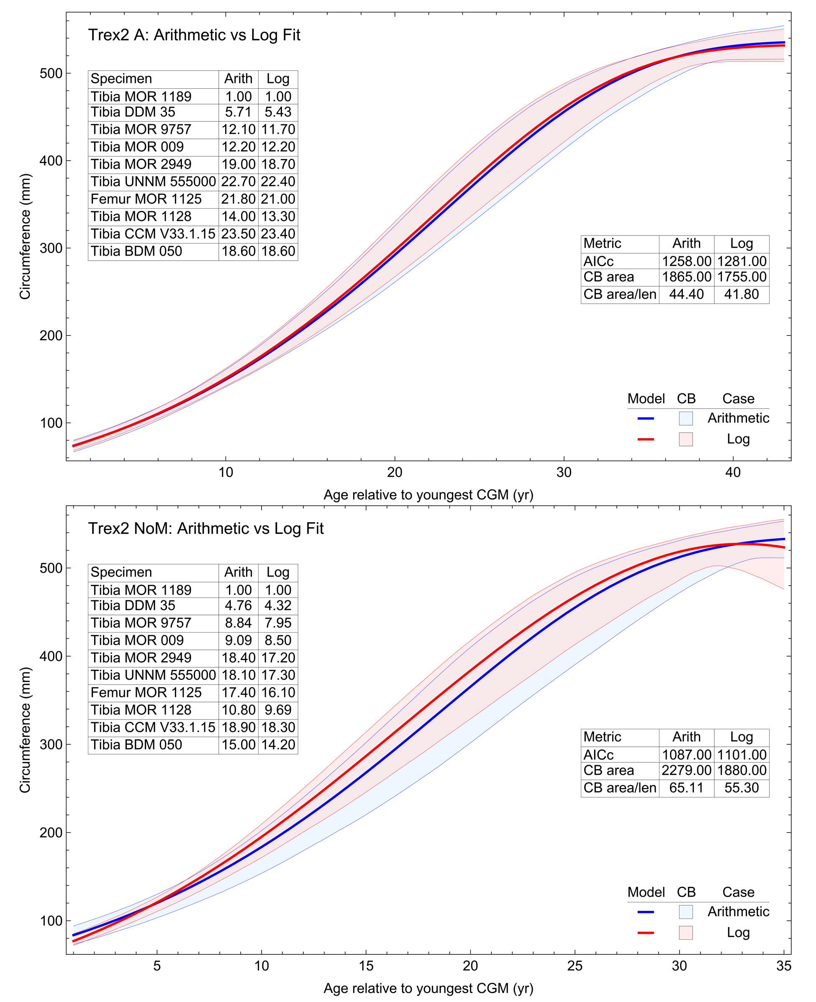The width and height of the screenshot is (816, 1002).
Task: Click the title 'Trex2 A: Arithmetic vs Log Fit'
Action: (194, 35)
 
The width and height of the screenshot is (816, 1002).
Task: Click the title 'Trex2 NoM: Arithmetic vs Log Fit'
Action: (205, 529)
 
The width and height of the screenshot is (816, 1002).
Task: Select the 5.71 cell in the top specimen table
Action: (238, 112)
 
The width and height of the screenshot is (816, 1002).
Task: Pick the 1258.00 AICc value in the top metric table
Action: (686, 261)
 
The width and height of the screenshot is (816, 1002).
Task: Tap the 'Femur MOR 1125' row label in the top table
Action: (146, 199)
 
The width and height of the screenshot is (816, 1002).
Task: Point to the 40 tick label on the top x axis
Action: (733, 473)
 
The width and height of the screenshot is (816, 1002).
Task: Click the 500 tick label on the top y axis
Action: (51, 74)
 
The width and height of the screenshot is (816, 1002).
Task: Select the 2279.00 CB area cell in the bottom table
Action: (686, 771)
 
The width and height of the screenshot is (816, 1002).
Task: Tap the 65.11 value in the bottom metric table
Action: (686, 788)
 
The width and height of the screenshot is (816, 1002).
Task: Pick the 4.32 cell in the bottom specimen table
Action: (278, 606)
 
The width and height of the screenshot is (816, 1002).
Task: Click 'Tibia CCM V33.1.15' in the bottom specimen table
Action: (153, 728)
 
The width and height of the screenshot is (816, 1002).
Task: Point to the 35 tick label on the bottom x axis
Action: (783, 966)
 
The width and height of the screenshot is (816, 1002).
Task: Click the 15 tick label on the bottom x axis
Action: (366, 966)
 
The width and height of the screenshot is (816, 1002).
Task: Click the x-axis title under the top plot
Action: (428, 495)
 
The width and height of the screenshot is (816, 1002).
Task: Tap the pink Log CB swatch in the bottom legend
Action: (686, 933)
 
